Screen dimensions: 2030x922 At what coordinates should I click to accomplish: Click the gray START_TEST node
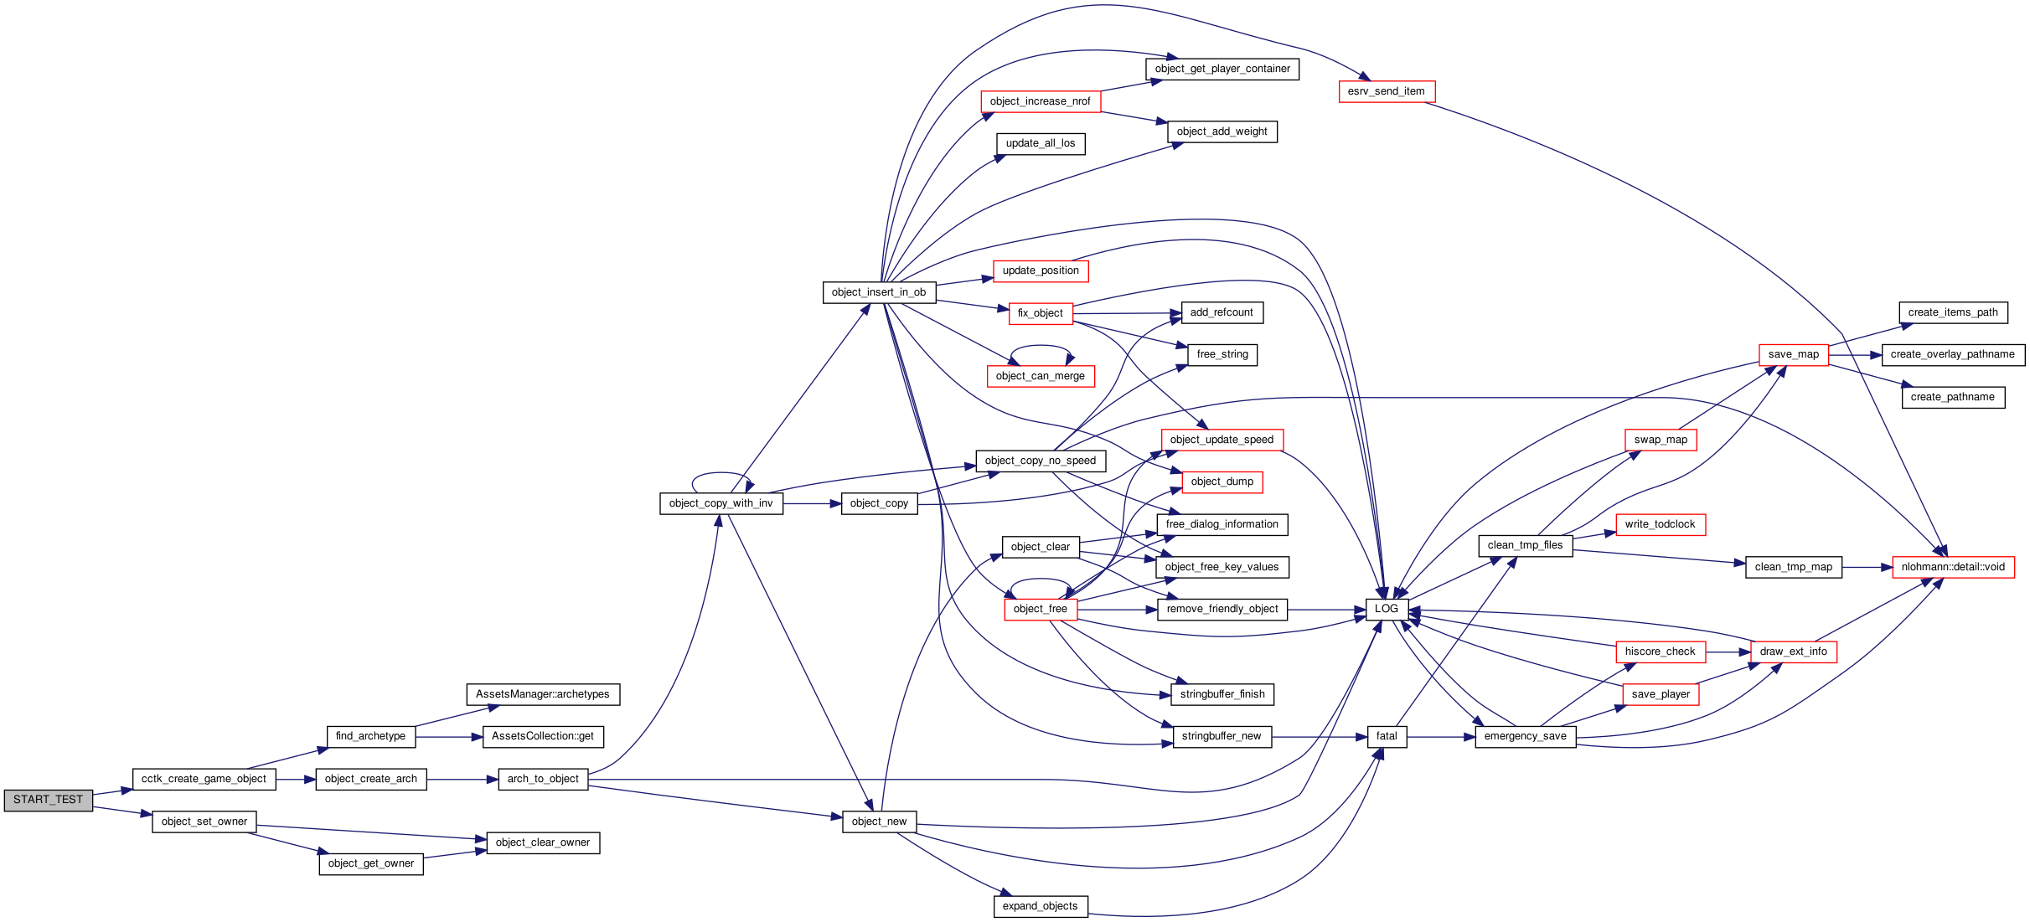tap(48, 800)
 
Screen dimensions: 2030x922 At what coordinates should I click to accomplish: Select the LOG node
tap(1387, 609)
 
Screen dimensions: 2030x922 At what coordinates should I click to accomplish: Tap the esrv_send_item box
tap(1387, 91)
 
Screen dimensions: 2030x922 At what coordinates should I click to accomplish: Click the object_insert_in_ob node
tap(879, 292)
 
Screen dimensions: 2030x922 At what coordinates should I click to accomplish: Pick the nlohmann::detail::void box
tap(1953, 567)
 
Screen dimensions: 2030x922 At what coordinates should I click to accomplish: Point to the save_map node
tap(1794, 354)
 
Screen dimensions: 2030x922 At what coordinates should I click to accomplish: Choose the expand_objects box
tap(1041, 906)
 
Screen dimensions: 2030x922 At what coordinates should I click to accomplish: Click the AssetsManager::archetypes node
tap(543, 694)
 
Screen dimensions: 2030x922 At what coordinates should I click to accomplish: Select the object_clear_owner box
tap(543, 842)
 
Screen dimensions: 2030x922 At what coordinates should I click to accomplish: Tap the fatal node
tap(1387, 736)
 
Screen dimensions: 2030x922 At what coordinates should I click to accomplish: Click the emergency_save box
tap(1526, 736)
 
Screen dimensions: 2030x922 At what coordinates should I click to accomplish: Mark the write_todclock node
tap(1660, 524)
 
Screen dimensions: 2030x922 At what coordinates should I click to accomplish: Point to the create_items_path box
tap(1953, 312)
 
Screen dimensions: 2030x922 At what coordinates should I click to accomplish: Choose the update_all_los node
tap(1041, 143)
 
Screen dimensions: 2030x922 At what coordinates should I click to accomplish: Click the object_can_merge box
tap(1041, 376)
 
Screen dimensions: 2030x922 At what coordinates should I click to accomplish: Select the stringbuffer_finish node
tap(1222, 694)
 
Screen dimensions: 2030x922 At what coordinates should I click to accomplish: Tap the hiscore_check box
tap(1660, 652)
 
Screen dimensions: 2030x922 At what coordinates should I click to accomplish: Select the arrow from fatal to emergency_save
tap(1441, 737)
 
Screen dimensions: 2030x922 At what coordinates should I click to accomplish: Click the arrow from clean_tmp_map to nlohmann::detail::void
tap(1867, 567)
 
